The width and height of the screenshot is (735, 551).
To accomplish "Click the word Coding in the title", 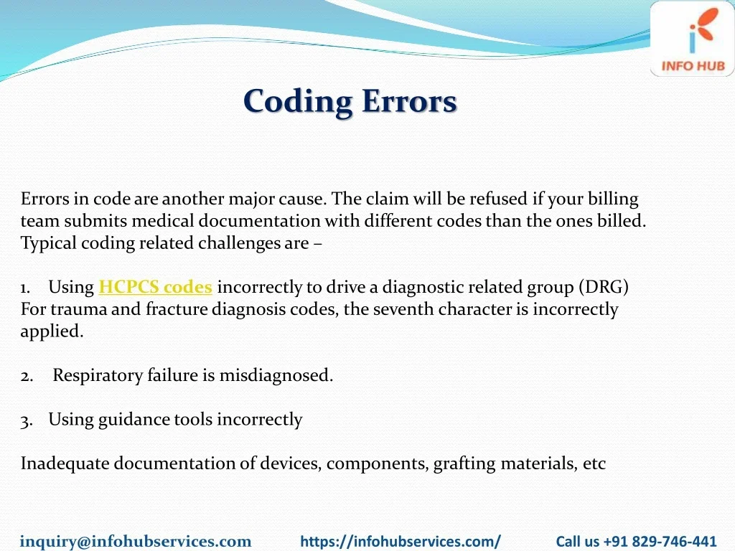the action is click(298, 102).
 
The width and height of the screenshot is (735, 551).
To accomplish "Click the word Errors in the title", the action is click(409, 100).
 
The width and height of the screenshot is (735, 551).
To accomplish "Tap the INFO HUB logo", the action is click(693, 39).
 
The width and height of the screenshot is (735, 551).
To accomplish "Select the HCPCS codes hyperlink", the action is click(155, 287).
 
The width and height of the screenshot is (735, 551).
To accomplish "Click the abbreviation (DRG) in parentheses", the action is click(604, 287).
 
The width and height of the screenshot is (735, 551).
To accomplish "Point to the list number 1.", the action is click(25, 288).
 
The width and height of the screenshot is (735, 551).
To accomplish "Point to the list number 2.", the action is click(27, 376).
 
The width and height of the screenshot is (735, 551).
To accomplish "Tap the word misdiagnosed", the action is click(276, 375).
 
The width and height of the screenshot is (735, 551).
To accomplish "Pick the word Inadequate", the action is click(65, 463).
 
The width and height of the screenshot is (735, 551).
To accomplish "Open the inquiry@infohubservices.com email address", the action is click(136, 541).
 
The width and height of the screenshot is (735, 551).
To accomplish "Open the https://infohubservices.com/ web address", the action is click(401, 541).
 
